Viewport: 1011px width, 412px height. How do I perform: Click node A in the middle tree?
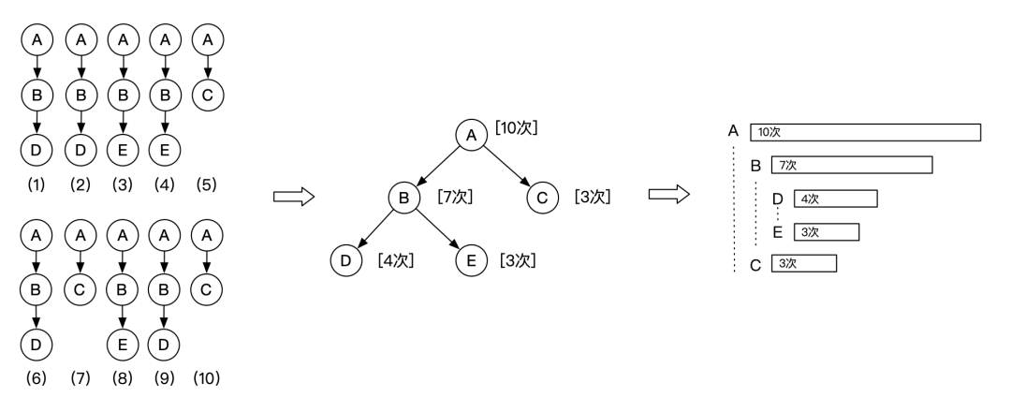471,135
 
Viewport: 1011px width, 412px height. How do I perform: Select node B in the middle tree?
404,198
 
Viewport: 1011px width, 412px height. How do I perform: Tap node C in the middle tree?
541,198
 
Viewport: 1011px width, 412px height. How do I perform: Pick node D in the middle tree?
345,259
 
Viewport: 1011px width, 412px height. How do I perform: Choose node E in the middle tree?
470,259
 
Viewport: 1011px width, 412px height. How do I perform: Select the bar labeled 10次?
865,132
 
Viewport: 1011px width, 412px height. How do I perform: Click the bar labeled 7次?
851,165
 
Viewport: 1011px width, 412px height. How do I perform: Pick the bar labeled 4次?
834,199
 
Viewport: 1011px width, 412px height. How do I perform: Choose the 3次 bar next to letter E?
825,231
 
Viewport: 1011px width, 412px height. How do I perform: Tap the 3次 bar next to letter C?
802,264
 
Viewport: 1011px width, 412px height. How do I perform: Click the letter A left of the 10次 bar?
732,130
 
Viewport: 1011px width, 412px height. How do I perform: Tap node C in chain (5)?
207,94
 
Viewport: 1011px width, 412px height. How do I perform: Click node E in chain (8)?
122,343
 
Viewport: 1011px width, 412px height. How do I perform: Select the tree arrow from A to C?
506,167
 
